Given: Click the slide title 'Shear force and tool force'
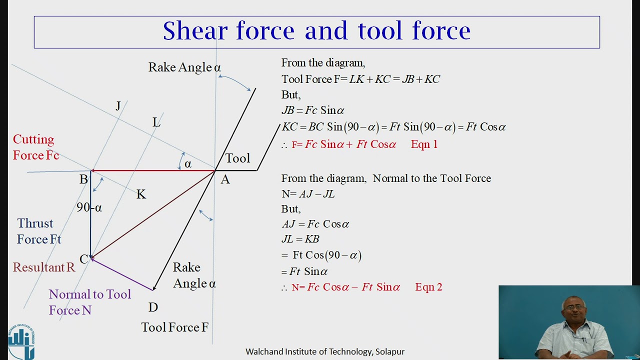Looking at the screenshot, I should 316,31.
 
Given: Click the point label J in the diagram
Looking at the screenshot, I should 118,106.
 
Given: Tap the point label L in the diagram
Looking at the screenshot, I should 156,122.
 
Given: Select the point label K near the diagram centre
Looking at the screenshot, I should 141,194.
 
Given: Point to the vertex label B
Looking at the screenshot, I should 83,179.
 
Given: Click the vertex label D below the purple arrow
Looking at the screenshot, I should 153,307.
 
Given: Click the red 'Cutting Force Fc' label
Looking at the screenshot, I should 36,147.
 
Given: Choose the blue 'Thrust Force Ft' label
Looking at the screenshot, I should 39,231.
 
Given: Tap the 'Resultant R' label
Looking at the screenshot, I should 44,267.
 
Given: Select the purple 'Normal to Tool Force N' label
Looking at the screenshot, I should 89,302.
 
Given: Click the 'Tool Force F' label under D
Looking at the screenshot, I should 174,327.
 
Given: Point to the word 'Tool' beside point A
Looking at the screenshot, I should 237,158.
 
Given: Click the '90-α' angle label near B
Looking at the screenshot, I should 89,207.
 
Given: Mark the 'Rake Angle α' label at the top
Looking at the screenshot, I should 184,67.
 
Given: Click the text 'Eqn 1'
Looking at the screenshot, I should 424,144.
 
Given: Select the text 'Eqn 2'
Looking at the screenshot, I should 428,287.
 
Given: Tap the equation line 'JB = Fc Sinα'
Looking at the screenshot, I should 313,110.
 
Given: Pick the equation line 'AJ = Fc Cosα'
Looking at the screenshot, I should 315,224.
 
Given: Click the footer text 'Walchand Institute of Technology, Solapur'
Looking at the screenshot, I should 325,351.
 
